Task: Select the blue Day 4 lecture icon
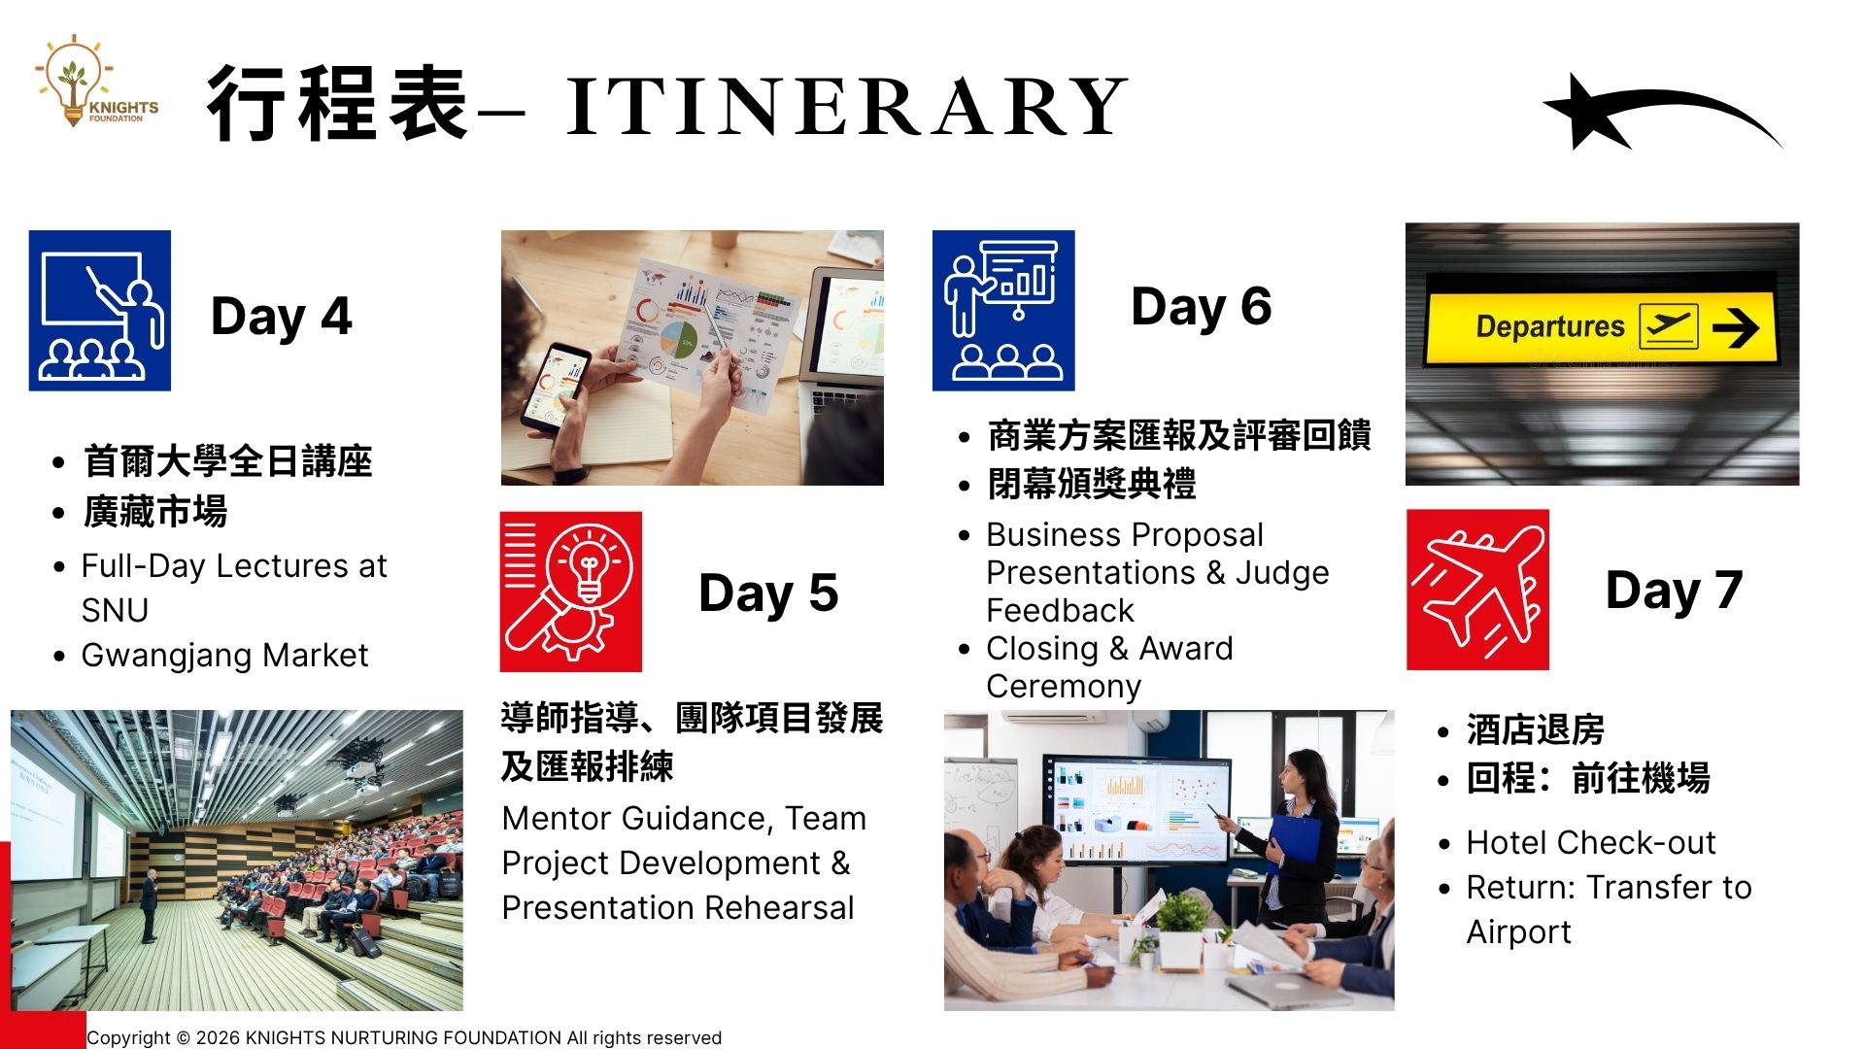[x=100, y=311]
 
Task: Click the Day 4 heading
[x=281, y=317]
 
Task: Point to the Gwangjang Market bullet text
[x=224, y=656]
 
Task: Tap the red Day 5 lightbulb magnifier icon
[x=571, y=592]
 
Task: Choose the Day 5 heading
[x=768, y=592]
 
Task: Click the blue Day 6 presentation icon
[x=1003, y=311]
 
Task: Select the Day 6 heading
[x=1202, y=307]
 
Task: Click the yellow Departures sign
[x=1601, y=327]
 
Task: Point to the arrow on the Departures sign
[x=1736, y=328]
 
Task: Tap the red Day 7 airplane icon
[x=1477, y=590]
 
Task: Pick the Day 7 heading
[x=1675, y=591]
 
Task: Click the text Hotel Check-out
[x=1591, y=842]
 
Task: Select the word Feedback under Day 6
[x=1060, y=611]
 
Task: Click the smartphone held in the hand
[x=555, y=387]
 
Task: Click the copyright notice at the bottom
[x=404, y=1037]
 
